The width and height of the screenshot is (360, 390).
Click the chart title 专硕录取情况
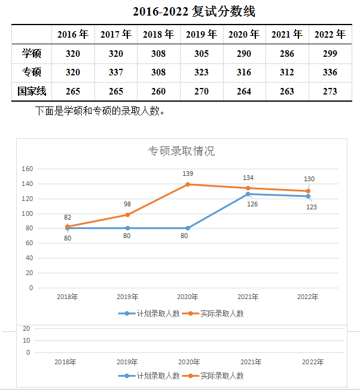tap(181, 151)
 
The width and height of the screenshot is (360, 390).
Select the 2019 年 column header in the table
tap(201, 35)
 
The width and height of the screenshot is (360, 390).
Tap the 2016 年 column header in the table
tap(72, 35)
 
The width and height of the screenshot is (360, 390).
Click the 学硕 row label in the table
tap(32, 54)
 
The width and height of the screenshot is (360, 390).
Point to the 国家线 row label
tap(32, 92)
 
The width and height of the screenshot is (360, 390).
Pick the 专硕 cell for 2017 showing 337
tap(115, 72)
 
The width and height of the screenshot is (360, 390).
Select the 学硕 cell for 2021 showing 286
tap(287, 54)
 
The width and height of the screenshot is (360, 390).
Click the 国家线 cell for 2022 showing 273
tap(330, 92)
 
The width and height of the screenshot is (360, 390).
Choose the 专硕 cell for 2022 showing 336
tap(330, 72)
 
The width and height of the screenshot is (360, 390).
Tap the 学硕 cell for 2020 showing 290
tap(244, 54)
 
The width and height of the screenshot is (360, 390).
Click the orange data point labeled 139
tap(188, 184)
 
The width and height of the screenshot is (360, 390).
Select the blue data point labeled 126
tap(248, 194)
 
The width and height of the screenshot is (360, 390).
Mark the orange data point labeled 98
tap(127, 215)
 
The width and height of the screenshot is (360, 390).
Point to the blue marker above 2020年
tap(188, 228)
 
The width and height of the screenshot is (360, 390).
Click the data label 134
tap(248, 178)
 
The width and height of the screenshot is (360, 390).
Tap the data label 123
tap(312, 207)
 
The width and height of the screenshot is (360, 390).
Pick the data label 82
tap(67, 217)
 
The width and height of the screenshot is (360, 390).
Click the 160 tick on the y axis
tap(27, 169)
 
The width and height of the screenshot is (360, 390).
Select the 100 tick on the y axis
tap(27, 214)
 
